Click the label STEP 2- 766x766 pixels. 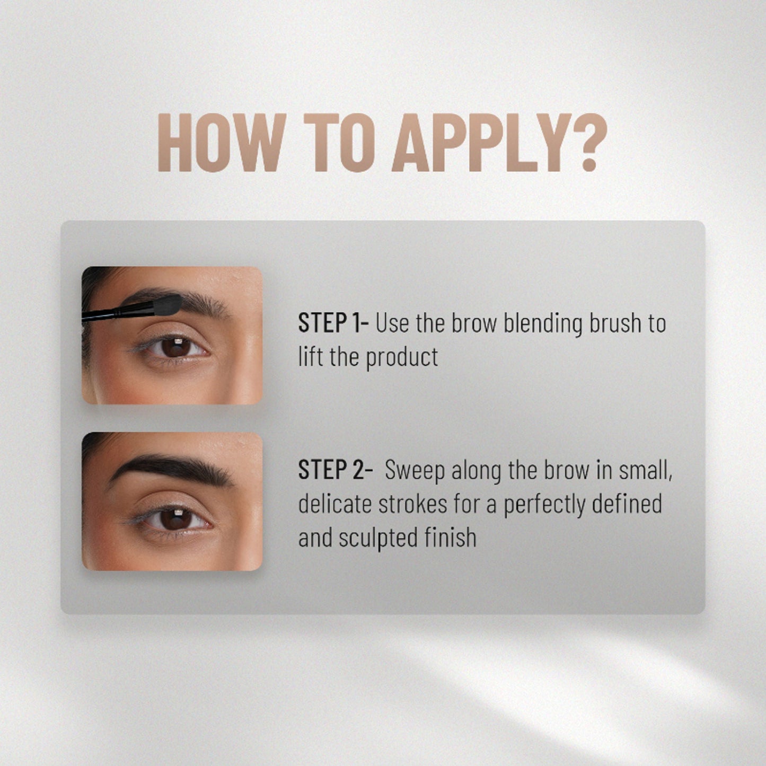click(x=335, y=470)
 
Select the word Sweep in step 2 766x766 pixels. click(x=415, y=471)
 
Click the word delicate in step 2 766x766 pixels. click(x=334, y=504)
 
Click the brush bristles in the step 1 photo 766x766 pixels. click(x=168, y=304)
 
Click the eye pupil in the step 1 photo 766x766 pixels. click(x=176, y=347)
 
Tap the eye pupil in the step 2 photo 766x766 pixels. click(x=176, y=519)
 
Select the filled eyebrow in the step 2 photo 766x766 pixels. click(x=171, y=470)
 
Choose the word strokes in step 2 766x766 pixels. click(x=412, y=504)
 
